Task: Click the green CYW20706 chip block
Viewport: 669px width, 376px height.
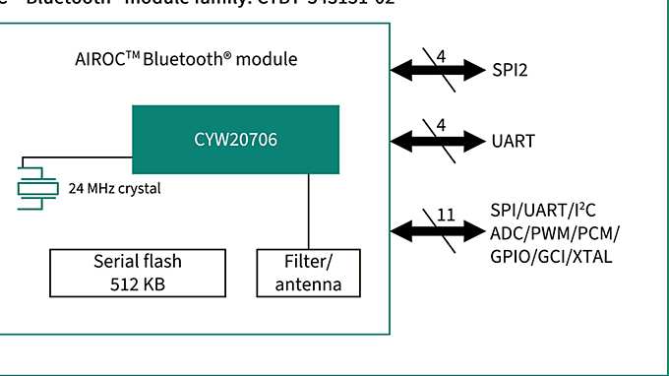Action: pyautogui.click(x=236, y=140)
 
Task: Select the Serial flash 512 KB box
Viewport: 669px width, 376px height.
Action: pyautogui.click(x=138, y=272)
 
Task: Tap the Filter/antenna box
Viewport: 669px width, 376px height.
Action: pyautogui.click(x=308, y=272)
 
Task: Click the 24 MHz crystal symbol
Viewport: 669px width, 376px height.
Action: pyautogui.click(x=35, y=185)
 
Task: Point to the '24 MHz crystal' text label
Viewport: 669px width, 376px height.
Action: pyautogui.click(x=114, y=187)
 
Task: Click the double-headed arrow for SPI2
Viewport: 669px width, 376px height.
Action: pyautogui.click(x=438, y=70)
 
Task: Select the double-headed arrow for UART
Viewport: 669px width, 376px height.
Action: pyautogui.click(x=438, y=141)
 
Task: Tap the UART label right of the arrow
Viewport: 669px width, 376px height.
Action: pyautogui.click(x=514, y=141)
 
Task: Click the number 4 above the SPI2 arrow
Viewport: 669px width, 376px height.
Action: pyautogui.click(x=441, y=56)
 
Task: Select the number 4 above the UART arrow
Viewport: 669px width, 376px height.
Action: pyautogui.click(x=441, y=126)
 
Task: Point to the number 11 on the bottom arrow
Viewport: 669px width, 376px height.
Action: pyautogui.click(x=445, y=215)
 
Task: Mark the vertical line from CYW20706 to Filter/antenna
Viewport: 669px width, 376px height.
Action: pyautogui.click(x=309, y=211)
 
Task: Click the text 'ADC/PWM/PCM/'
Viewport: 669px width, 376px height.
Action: pyautogui.click(x=554, y=232)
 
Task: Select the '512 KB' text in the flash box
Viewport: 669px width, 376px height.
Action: pyautogui.click(x=138, y=283)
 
